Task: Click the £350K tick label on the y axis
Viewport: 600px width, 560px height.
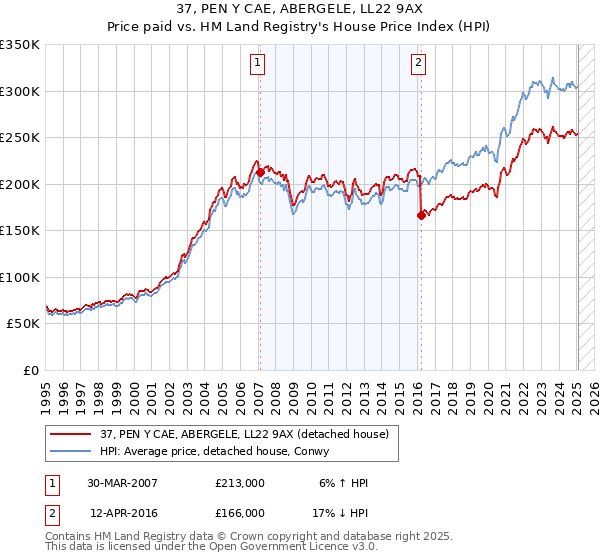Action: (x=20, y=45)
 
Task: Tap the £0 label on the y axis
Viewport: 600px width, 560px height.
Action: (x=31, y=370)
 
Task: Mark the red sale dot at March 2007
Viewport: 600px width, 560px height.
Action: (x=260, y=172)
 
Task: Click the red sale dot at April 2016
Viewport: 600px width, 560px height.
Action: (x=421, y=214)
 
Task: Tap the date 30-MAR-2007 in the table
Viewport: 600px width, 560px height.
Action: (x=122, y=483)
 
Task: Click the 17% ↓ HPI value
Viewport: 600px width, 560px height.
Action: (x=341, y=513)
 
